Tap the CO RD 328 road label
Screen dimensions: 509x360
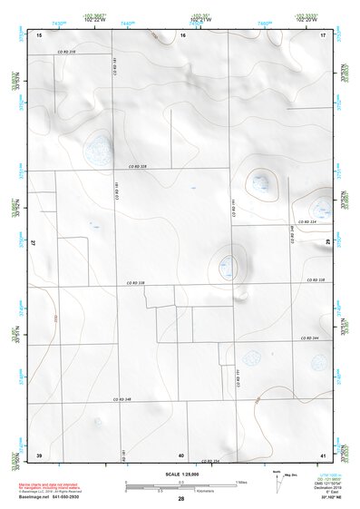click(136, 167)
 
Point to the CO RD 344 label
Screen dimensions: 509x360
click(309, 338)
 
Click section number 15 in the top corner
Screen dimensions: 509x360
click(39, 34)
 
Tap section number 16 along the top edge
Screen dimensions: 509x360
click(182, 34)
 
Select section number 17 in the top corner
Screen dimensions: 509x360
click(323, 34)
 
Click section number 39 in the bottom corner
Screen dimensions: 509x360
click(39, 454)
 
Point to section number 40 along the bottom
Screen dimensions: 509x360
click(181, 454)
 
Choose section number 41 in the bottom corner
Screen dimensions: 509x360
click(323, 454)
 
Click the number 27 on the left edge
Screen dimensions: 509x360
click(34, 243)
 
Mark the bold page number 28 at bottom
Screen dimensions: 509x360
click(180, 500)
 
